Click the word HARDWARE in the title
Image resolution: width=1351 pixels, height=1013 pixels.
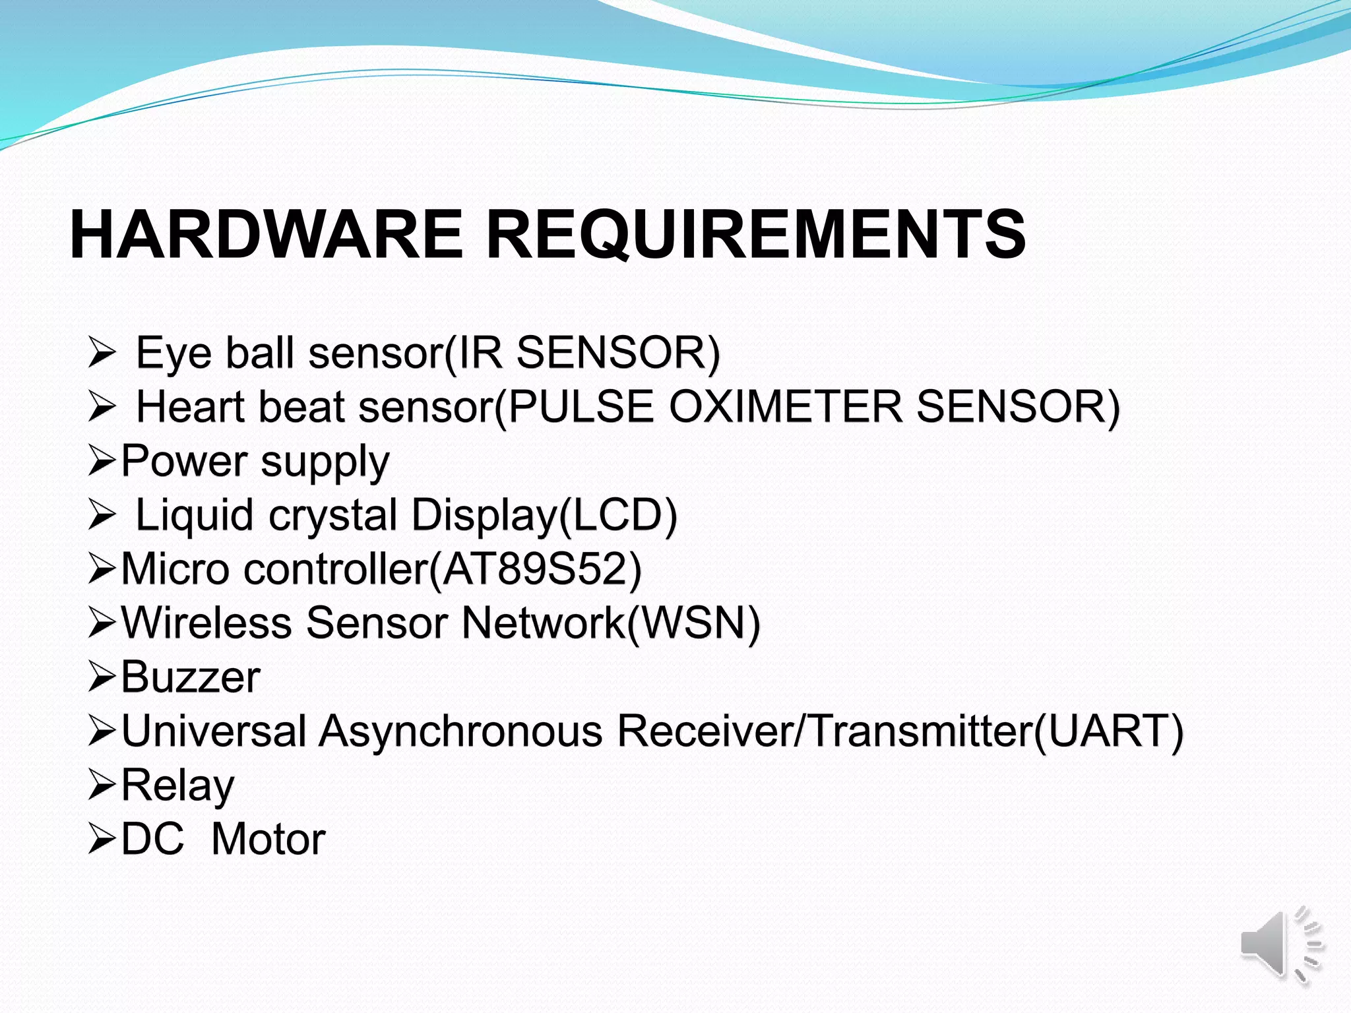[x=267, y=235]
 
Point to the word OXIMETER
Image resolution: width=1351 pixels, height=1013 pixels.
[x=785, y=407]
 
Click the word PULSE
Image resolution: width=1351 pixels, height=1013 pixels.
[x=581, y=407]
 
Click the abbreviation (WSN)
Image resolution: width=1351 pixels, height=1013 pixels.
[x=693, y=623]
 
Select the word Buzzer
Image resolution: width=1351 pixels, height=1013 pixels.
[x=191, y=677]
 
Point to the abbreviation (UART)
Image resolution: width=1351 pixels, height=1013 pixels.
[x=1108, y=731]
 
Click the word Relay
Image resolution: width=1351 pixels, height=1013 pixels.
[x=177, y=785]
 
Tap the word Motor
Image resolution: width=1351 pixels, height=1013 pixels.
[x=268, y=840]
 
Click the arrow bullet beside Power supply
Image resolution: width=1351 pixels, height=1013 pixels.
[x=102, y=461]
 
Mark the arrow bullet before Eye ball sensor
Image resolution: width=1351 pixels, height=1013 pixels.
[x=102, y=353]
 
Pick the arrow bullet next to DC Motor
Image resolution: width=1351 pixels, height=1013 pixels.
[x=102, y=840]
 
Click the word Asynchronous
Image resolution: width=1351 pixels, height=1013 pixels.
[x=461, y=731]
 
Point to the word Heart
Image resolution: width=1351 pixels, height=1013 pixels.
[x=191, y=407]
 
